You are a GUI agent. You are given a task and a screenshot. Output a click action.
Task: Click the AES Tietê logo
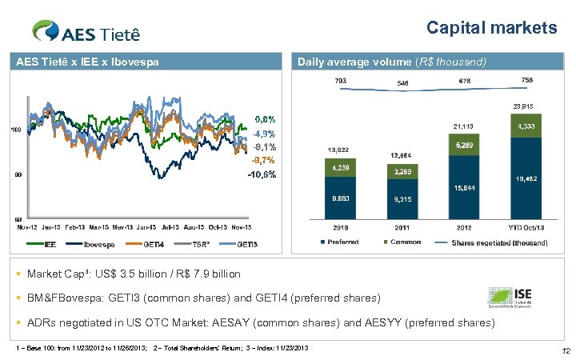click(x=86, y=31)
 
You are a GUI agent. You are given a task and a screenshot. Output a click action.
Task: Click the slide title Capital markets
click(x=491, y=28)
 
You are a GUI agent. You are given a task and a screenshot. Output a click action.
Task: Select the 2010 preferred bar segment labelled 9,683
click(x=336, y=198)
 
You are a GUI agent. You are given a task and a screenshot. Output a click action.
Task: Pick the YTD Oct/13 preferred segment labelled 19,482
click(x=526, y=180)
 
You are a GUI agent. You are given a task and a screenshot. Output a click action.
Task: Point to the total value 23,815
click(x=524, y=106)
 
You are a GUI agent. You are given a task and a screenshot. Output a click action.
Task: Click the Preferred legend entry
click(x=341, y=242)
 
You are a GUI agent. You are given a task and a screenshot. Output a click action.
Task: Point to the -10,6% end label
click(x=262, y=174)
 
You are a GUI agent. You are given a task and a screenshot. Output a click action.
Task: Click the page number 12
click(x=566, y=351)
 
